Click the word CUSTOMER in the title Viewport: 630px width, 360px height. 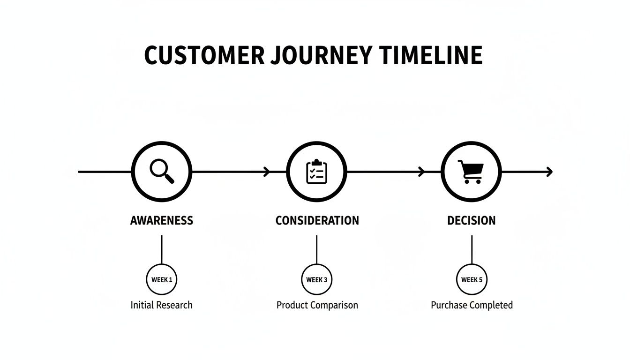pos(204,55)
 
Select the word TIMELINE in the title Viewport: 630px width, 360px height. pos(431,55)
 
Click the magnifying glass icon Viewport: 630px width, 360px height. pos(162,171)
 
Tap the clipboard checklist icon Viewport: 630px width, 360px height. pos(317,172)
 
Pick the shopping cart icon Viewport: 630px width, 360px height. pos(471,172)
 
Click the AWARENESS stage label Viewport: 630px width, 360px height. pos(162,221)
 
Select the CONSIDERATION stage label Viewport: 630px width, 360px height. pos(317,221)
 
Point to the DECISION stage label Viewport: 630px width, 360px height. pos(471,221)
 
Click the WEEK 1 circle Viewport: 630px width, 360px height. pos(162,280)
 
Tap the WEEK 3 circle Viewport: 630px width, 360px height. pos(317,280)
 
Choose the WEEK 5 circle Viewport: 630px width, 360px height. pos(472,280)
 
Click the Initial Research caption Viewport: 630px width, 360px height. pos(162,305)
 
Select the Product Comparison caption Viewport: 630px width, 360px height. pos(317,305)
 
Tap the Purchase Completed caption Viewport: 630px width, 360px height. pos(472,305)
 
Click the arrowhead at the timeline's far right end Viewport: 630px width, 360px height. pos(550,172)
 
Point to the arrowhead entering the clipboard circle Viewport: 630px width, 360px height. pos(268,172)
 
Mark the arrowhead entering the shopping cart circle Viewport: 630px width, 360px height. pos(421,172)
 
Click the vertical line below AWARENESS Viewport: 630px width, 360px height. pos(162,249)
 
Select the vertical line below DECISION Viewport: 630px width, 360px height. pos(472,249)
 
